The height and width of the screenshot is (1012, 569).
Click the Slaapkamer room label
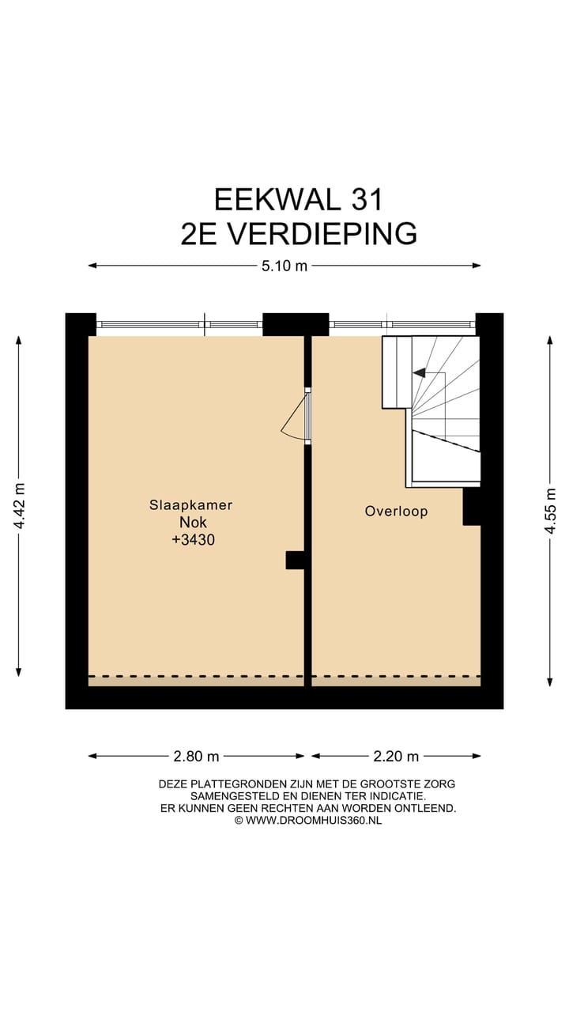coord(190,504)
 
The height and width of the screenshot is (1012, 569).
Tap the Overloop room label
coord(396,512)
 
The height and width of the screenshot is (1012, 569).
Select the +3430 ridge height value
coord(190,541)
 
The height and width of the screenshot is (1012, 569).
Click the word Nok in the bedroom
coord(190,523)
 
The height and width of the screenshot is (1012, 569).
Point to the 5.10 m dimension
coord(284,266)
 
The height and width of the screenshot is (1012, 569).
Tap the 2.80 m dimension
coord(196,757)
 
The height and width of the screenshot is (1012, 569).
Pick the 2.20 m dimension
coord(396,757)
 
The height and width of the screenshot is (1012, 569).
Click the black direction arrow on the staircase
coord(419,372)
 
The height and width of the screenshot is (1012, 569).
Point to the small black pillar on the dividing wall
coord(294,560)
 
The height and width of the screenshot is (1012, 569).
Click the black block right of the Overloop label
coord(471,506)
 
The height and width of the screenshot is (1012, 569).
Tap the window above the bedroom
coord(179,324)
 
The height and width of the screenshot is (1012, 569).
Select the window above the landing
coord(401,324)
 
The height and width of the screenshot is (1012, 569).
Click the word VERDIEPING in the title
coord(322,234)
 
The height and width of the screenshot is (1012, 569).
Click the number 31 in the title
coord(365,199)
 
